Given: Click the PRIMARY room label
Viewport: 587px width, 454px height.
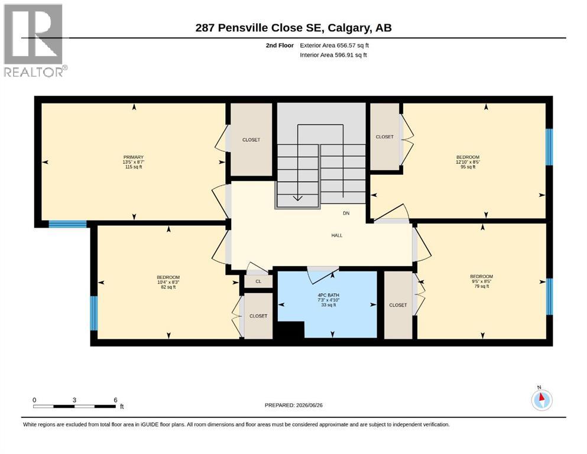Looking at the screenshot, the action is point(133,157).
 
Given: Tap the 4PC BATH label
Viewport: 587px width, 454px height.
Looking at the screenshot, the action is point(328,296).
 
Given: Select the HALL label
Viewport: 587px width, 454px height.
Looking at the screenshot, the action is point(336,235).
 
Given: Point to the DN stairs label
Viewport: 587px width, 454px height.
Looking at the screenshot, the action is point(346,213).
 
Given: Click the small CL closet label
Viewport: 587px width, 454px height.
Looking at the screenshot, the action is point(258,281).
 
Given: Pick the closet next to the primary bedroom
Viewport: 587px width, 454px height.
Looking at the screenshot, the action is point(251,140).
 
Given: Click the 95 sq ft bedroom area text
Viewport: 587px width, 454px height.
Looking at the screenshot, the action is point(468,167).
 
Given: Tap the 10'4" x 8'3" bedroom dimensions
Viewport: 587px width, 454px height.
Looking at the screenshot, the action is point(168,282).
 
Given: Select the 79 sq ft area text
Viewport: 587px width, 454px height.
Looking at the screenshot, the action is point(481,286).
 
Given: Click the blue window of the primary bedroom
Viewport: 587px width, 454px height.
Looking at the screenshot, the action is point(68,224).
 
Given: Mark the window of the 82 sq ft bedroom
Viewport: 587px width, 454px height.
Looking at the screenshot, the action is point(94,313).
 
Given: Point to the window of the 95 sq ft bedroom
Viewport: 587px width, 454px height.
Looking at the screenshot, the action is point(549,147).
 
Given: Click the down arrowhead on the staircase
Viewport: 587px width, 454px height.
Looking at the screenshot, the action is point(297,197).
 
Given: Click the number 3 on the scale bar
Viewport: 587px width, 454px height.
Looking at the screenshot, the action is point(74,400).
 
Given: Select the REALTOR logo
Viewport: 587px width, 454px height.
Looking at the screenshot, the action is point(35,40).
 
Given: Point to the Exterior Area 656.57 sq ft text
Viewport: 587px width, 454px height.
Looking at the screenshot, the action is point(335,46).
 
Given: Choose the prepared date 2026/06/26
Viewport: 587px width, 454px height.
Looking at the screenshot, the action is point(309,405).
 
